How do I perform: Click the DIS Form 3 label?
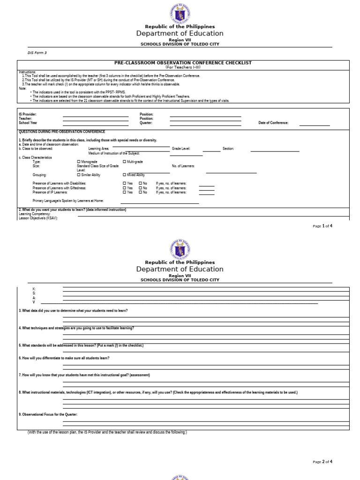click(37, 53)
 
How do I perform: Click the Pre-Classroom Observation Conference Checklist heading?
click(183, 63)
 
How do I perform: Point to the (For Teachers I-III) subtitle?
click(183, 67)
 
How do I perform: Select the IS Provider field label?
click(28, 114)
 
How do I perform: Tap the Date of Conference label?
click(273, 123)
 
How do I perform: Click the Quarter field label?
click(146, 123)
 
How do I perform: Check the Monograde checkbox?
click(78, 162)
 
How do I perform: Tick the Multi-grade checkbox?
click(124, 162)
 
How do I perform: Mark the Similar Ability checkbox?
click(78, 175)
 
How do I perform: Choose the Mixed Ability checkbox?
click(124, 175)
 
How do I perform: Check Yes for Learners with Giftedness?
click(125, 188)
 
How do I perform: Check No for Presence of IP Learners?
click(140, 192)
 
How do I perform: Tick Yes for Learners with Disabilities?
click(125, 183)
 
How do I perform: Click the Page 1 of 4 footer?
click(322, 226)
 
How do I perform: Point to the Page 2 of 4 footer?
click(322, 462)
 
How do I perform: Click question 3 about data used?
click(73, 311)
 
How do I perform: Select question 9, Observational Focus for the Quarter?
click(48, 415)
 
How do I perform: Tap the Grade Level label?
click(181, 149)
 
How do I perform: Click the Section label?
click(228, 149)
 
